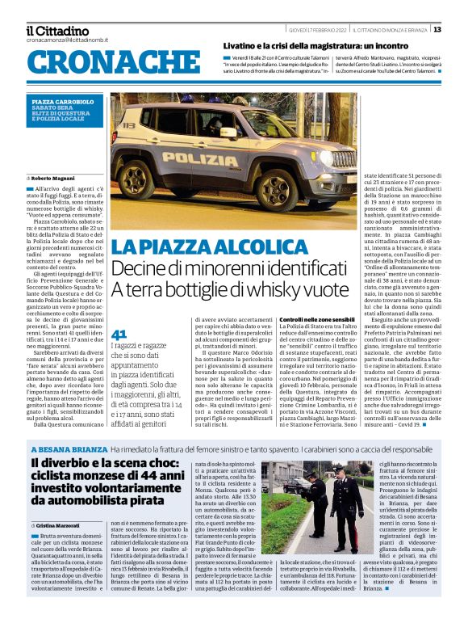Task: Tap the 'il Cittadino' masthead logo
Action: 56,31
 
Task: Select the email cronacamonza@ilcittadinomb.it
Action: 66,40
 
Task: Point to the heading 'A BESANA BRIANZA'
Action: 69,448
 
